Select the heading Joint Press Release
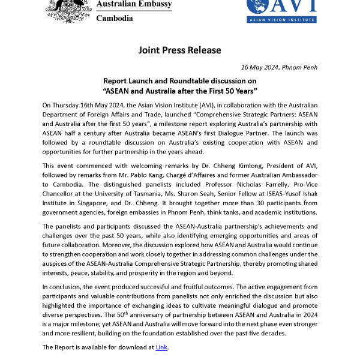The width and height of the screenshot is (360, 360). pyautogui.click(x=179, y=50)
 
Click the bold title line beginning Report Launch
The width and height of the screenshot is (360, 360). pyautogui.click(x=179, y=80)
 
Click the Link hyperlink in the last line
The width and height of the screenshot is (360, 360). pyautogui.click(x=161, y=347)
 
